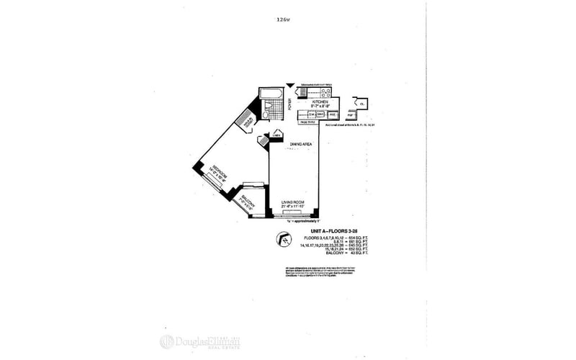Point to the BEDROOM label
pos(217,175)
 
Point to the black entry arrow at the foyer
pos(289,84)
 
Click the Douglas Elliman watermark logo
pos(199,342)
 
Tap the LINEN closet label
pos(276,134)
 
